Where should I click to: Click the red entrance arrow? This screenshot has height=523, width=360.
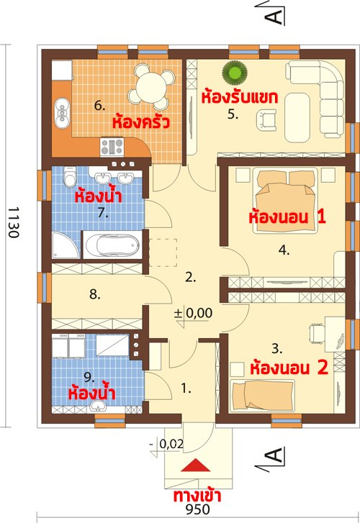coord(196,465)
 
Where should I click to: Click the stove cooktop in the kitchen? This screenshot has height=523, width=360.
coord(112,147)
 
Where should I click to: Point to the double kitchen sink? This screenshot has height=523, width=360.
coord(62,113)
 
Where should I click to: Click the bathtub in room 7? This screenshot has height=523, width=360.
coord(112,245)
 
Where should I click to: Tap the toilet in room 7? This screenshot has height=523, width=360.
coord(70,176)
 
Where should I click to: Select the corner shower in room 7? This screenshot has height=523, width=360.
coord(65,245)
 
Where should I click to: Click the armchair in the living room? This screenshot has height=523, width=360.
coord(266,120)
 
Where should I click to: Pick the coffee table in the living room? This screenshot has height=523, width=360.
coord(297,117)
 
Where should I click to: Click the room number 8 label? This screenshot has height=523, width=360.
coord(95,294)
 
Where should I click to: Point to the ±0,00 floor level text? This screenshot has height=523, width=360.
coord(193,313)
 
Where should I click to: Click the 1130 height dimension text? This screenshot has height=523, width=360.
coord(13,222)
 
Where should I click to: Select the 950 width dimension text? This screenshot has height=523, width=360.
coord(198,509)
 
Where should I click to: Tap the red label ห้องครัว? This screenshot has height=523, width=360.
coord(140,122)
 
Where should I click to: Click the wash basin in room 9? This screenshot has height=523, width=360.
coord(98,406)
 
